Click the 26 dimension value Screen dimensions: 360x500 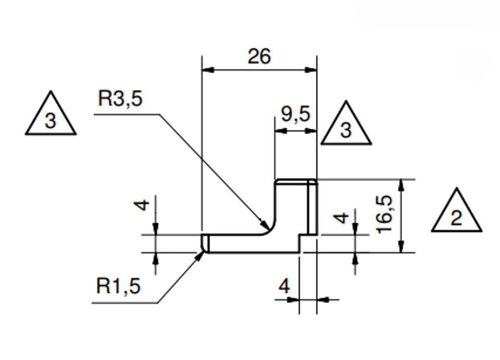tap(259, 57)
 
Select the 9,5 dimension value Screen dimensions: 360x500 tap(295, 114)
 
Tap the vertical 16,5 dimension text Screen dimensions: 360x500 tap(384, 214)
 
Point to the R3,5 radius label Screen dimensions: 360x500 tap(120, 99)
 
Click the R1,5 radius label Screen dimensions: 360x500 tap(118, 287)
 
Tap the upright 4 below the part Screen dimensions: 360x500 tap(284, 287)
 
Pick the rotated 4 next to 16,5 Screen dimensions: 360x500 tap(342, 217)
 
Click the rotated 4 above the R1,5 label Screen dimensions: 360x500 tap(144, 204)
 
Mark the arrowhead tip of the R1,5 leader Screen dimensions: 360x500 tap(202, 252)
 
